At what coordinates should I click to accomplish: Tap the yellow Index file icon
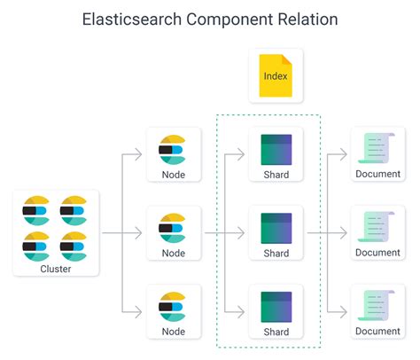pos(276,74)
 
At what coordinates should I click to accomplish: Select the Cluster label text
pos(56,269)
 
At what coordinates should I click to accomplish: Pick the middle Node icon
pos(172,229)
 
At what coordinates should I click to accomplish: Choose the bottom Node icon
pos(172,307)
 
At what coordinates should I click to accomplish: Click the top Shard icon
pos(276,149)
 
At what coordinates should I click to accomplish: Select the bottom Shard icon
pos(276,307)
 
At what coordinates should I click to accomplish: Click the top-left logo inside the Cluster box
pos(37,210)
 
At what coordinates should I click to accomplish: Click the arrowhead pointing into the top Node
pos(138,155)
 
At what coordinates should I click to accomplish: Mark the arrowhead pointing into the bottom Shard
pos(241,313)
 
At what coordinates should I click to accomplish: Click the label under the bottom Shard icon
pos(276,333)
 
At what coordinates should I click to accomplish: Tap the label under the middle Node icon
pos(172,254)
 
